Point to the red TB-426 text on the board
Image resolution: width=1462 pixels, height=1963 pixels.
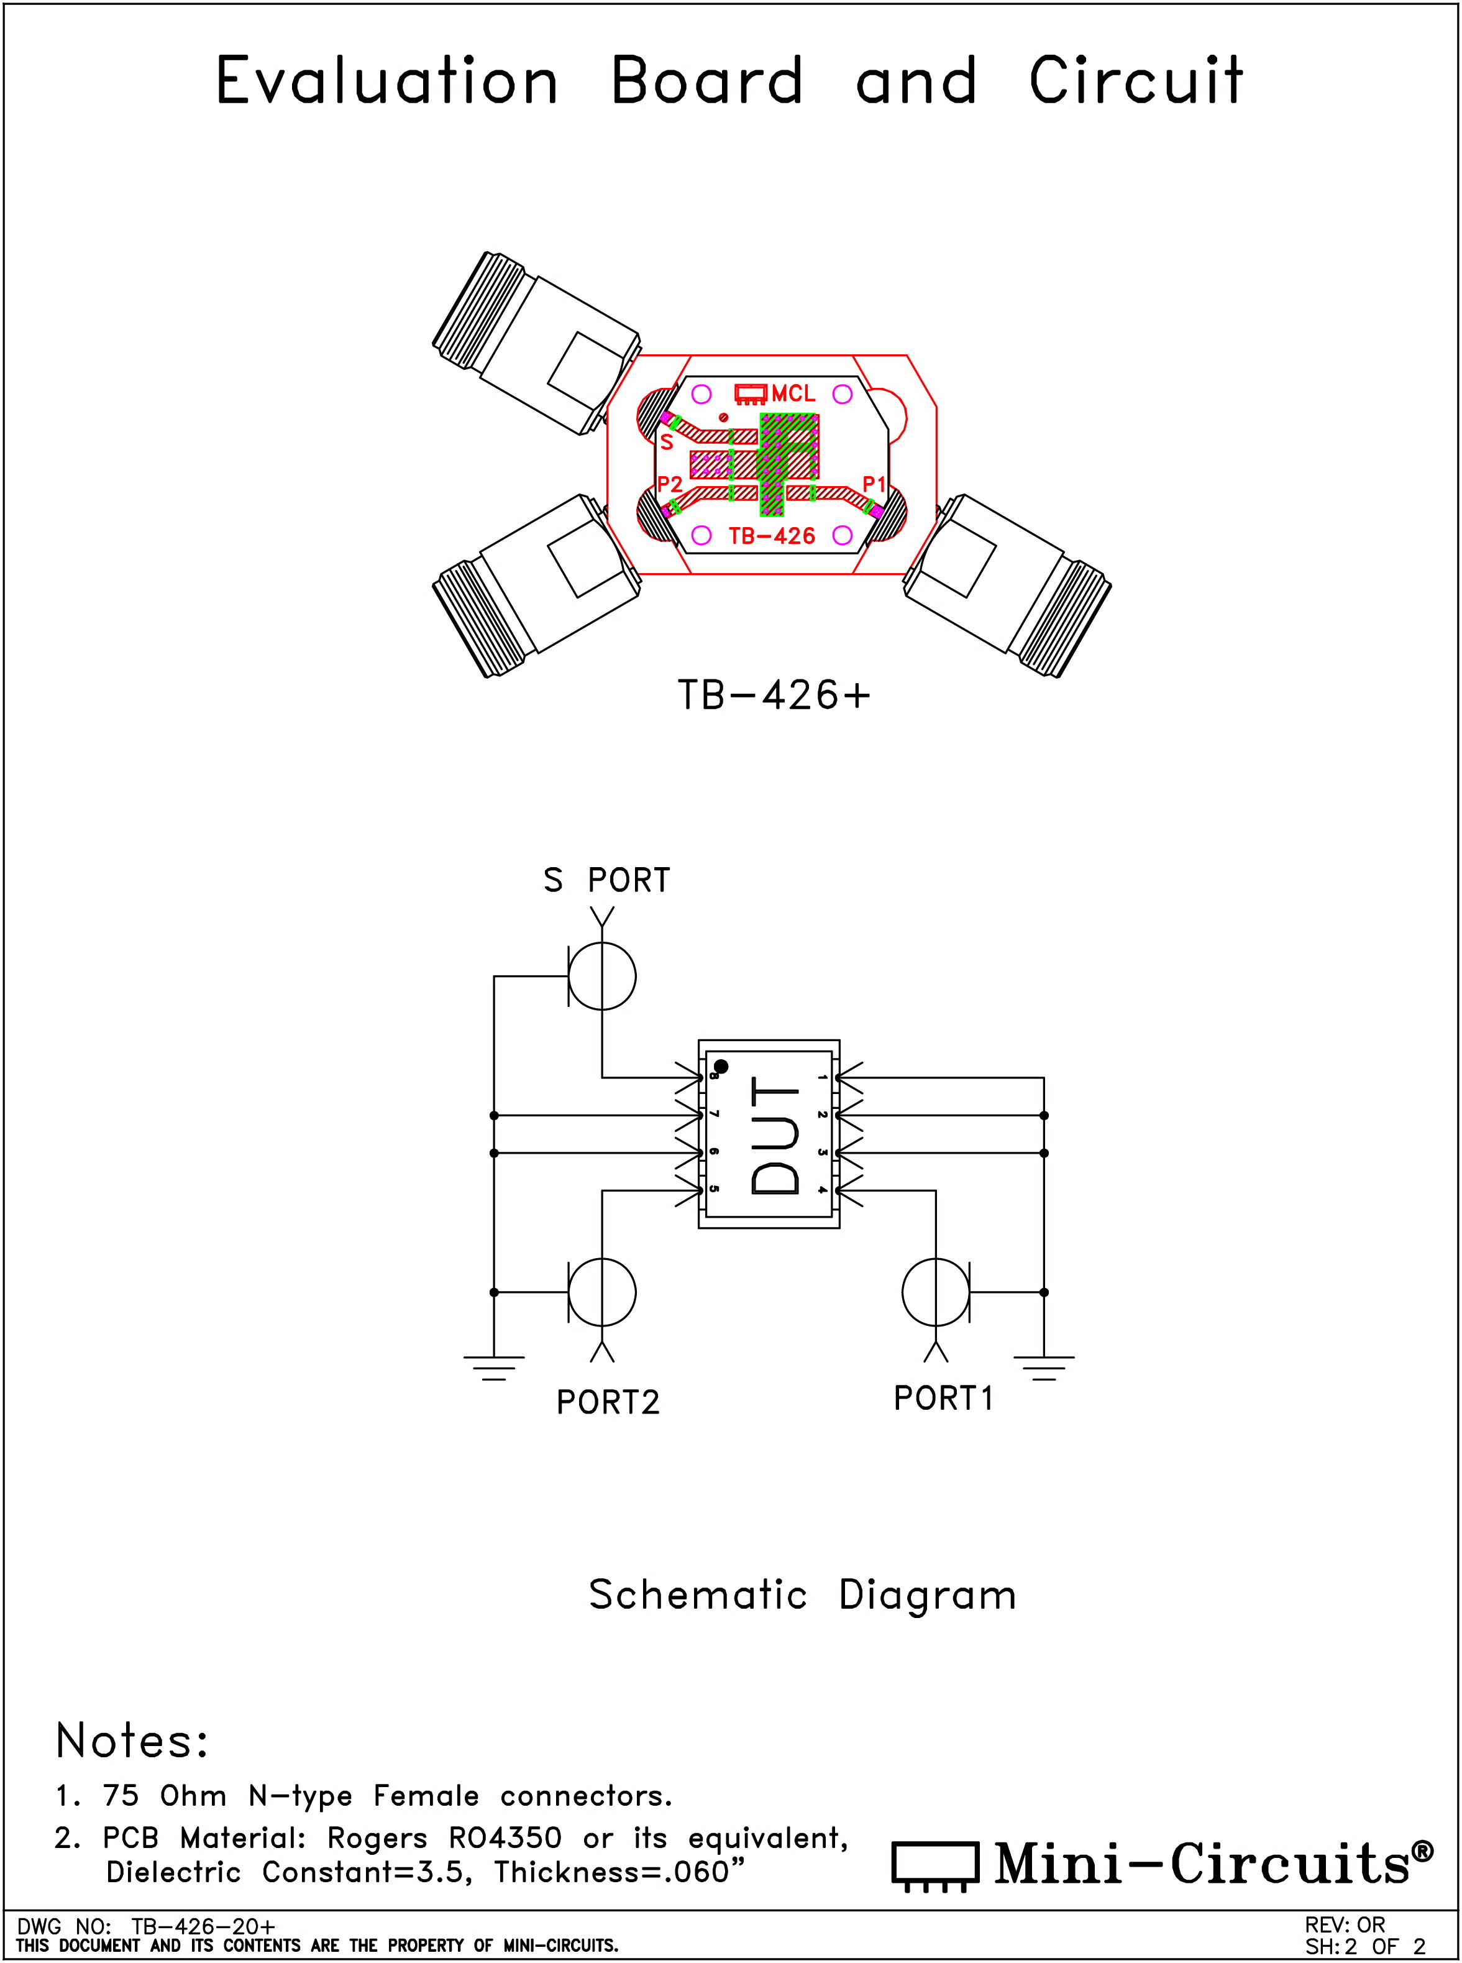tap(772, 536)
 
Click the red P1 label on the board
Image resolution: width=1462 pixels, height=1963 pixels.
tap(874, 484)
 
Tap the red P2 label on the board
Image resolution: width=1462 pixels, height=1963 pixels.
tap(669, 484)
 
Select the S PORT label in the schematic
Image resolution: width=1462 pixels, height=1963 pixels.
tap(607, 880)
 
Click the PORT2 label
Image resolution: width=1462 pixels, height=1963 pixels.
tap(608, 1402)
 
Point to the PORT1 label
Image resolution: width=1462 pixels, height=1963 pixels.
tap(943, 1398)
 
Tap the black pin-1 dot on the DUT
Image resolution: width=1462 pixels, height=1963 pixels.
tap(721, 1067)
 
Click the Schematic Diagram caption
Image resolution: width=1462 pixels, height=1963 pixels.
tap(803, 1596)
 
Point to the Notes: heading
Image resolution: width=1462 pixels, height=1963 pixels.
tap(132, 1740)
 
